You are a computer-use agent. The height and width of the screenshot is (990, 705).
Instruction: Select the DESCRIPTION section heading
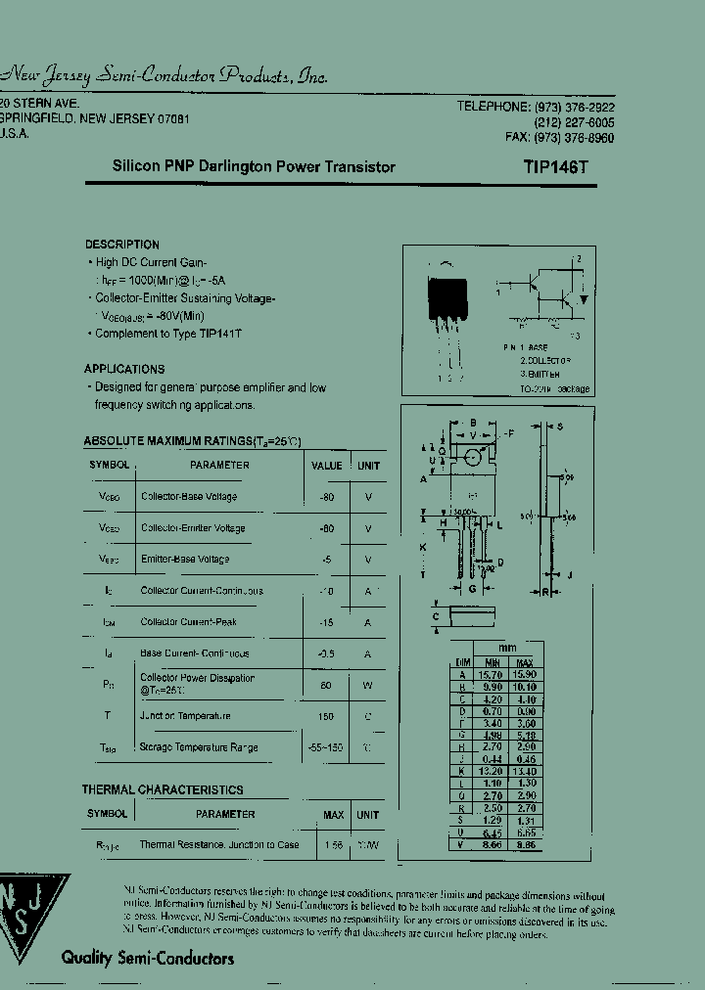[x=121, y=245]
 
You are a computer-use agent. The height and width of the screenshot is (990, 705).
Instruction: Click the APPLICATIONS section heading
[x=124, y=369]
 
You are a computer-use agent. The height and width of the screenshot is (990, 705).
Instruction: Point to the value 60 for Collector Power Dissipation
[x=325, y=685]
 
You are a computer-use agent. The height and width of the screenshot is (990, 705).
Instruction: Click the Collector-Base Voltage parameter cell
[x=189, y=497]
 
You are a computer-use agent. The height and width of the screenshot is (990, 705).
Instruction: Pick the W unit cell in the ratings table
[x=368, y=685]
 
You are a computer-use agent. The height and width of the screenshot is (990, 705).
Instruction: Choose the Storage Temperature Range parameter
[x=199, y=747]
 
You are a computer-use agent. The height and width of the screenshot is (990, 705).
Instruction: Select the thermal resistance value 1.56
[x=333, y=843]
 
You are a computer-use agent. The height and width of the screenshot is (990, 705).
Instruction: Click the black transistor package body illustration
[x=449, y=299]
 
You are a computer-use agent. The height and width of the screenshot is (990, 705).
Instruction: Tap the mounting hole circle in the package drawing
[x=473, y=456]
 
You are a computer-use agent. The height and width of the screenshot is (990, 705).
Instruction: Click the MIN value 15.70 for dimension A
[x=492, y=674]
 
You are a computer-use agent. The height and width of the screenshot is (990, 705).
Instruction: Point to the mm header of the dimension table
[x=507, y=649]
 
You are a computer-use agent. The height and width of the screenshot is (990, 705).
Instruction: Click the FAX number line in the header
[x=559, y=139]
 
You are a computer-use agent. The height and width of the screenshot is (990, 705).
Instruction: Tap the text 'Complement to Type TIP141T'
[x=168, y=334]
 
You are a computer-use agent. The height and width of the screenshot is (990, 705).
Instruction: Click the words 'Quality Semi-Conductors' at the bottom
[x=148, y=959]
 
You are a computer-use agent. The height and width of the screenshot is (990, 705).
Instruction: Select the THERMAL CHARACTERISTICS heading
[x=163, y=789]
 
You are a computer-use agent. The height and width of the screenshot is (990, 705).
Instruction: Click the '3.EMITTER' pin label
[x=540, y=374]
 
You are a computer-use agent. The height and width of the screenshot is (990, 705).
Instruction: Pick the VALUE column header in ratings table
[x=326, y=466]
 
